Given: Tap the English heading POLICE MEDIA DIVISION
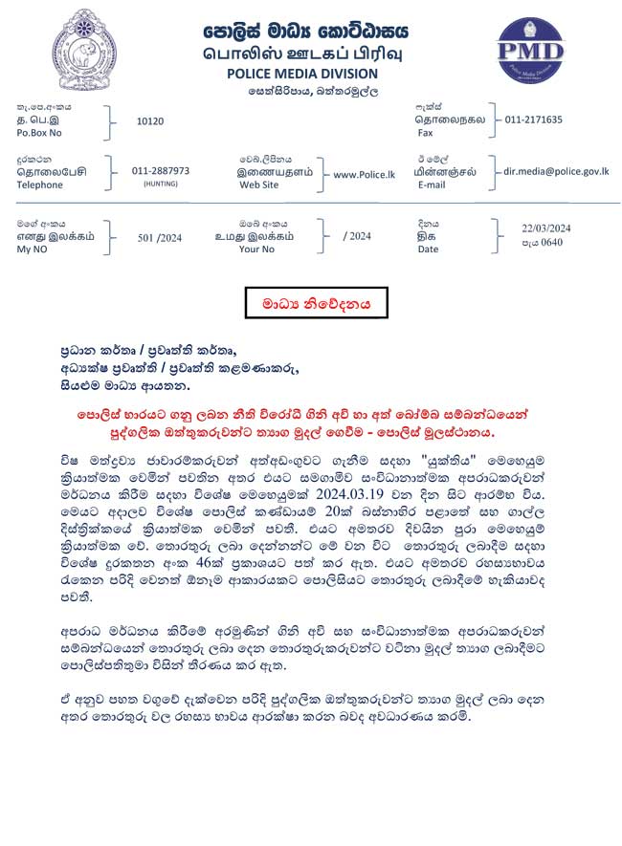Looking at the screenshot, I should (x=301, y=74).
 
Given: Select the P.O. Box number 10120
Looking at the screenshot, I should (x=150, y=121).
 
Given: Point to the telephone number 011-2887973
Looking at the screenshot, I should (x=161, y=170).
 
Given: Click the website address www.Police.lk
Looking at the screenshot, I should (x=365, y=174).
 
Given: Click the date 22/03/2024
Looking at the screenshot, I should (x=545, y=228).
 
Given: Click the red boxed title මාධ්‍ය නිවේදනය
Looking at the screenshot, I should (x=316, y=303).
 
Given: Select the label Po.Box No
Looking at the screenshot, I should (x=40, y=136).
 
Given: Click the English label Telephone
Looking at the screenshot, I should (x=40, y=184).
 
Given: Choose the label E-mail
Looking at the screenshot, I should (x=432, y=184).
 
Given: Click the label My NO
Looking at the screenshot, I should (x=33, y=249).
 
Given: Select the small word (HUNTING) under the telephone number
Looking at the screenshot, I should (x=161, y=183).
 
